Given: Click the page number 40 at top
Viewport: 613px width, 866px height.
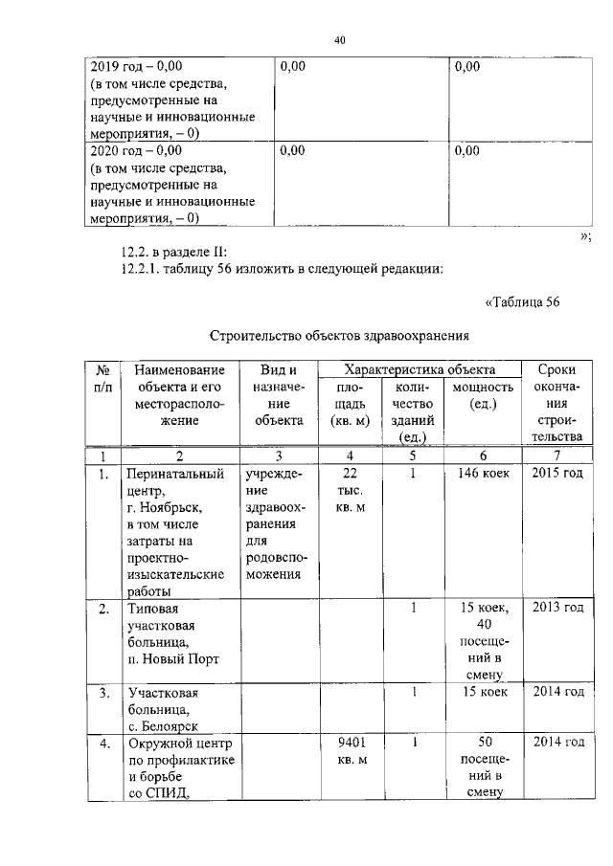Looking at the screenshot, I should (339, 40).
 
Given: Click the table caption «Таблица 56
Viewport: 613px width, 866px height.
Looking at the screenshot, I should (522, 303).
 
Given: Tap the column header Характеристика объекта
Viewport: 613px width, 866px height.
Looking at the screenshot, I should (420, 369).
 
